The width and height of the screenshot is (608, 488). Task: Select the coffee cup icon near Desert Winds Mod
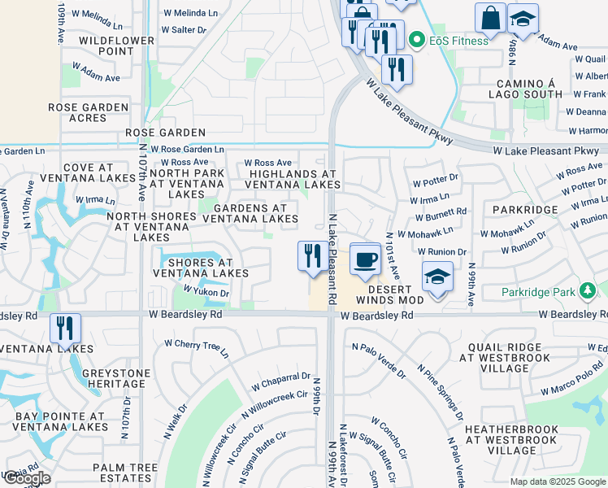point(365,259)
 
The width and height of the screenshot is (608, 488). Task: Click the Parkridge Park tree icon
point(588,291)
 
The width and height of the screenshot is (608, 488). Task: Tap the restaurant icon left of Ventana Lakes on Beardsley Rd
point(65,328)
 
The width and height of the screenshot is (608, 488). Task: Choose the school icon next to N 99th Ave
point(437,277)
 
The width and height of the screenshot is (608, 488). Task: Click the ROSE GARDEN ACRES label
point(89,112)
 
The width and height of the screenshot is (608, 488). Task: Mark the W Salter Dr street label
point(185,30)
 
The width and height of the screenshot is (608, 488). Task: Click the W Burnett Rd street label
point(440,214)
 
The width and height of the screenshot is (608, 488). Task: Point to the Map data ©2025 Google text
point(558,481)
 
